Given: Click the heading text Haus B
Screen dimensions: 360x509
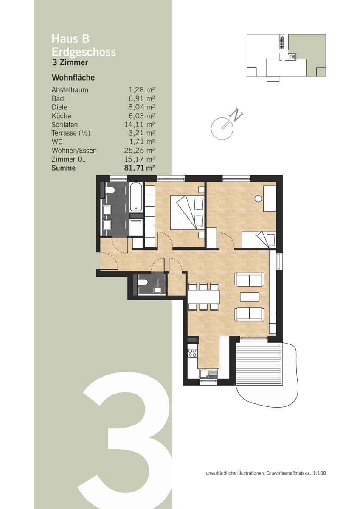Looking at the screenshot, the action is [x=70, y=39].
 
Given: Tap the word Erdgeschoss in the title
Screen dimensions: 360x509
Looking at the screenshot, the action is [x=84, y=52].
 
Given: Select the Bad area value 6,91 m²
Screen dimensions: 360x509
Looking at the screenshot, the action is [x=142, y=98].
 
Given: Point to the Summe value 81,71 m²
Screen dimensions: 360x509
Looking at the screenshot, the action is [x=139, y=168].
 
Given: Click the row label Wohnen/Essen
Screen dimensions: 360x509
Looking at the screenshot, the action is [x=74, y=151].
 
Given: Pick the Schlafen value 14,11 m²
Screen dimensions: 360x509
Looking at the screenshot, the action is [x=139, y=125].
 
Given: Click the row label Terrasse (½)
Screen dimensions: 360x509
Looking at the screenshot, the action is [x=71, y=133].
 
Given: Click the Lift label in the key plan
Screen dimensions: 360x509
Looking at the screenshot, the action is [x=292, y=57].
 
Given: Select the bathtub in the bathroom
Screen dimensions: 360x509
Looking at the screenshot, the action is [x=136, y=197].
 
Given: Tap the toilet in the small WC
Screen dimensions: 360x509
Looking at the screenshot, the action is [x=143, y=282].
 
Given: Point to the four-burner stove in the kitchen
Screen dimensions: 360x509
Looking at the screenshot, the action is [x=192, y=353].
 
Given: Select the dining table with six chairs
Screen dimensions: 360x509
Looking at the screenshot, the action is [x=203, y=297].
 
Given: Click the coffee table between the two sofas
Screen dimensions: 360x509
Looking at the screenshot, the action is [x=250, y=297].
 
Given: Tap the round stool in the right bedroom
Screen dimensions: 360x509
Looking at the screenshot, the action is [x=258, y=199].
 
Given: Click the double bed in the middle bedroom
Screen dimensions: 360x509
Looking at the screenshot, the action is [x=187, y=212].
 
